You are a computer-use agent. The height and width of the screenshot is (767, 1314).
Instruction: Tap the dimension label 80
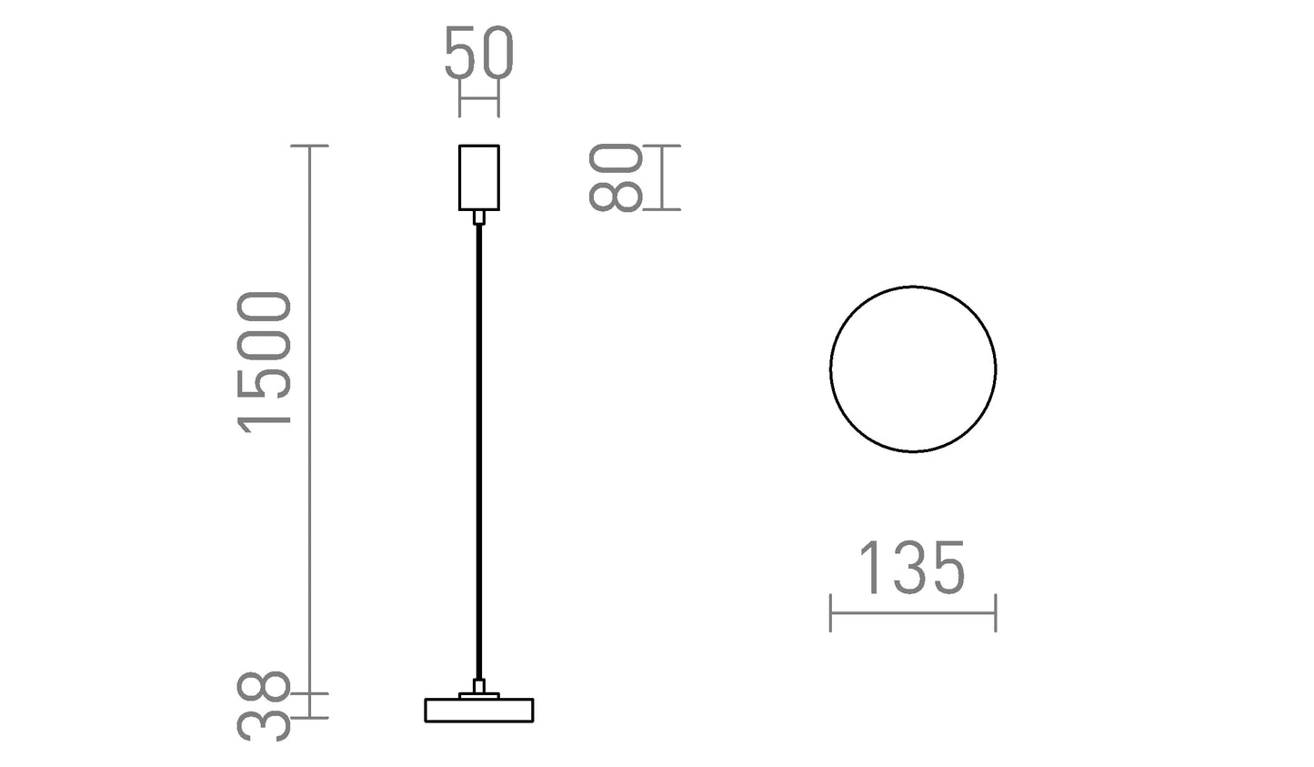(x=617, y=177)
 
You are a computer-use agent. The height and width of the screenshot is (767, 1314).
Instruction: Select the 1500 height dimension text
(x=264, y=359)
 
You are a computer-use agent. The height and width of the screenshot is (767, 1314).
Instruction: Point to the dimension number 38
(x=264, y=706)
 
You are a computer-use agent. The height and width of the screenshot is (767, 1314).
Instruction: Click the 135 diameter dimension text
(x=911, y=569)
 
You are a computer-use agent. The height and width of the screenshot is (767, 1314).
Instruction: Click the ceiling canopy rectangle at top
(x=479, y=177)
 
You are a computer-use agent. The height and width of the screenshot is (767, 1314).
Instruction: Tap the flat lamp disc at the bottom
(x=479, y=710)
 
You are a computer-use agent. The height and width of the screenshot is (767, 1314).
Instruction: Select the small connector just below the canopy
(x=479, y=217)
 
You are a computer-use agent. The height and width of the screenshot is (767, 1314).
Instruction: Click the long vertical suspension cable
(x=479, y=455)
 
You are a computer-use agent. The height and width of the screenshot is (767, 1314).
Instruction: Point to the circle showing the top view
(x=913, y=368)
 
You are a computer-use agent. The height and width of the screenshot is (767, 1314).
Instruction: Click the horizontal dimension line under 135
(x=913, y=613)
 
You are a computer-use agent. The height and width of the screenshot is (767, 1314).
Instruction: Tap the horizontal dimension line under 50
(x=479, y=97)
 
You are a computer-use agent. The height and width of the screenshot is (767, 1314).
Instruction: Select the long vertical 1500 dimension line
(x=310, y=419)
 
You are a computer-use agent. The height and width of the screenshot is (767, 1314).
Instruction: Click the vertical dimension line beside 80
(x=662, y=177)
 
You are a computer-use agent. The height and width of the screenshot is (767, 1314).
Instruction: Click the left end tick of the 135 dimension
(x=831, y=613)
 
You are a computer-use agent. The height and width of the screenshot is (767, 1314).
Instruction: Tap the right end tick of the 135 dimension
(x=996, y=613)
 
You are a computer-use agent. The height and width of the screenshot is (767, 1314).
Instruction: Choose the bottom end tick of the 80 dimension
(x=662, y=210)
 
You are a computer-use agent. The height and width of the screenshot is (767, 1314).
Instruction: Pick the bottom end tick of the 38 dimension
(x=310, y=718)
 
